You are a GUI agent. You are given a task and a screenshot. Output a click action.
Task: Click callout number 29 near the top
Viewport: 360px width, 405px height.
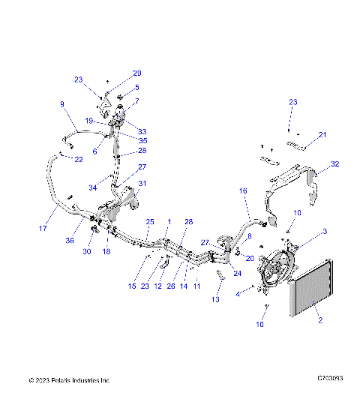[x=137, y=73]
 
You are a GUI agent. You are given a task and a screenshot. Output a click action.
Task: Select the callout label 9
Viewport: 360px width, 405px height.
[x=62, y=104]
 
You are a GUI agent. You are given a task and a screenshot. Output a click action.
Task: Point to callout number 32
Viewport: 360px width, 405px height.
[x=335, y=163]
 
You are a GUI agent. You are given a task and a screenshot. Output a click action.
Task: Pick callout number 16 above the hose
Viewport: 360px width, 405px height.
[x=243, y=192]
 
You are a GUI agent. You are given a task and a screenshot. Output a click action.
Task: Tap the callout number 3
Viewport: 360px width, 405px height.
[x=324, y=231]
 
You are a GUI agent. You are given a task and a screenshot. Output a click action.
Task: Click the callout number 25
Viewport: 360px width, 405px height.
[x=149, y=223]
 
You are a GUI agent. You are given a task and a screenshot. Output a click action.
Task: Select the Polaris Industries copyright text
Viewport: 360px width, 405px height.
[x=70, y=380]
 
